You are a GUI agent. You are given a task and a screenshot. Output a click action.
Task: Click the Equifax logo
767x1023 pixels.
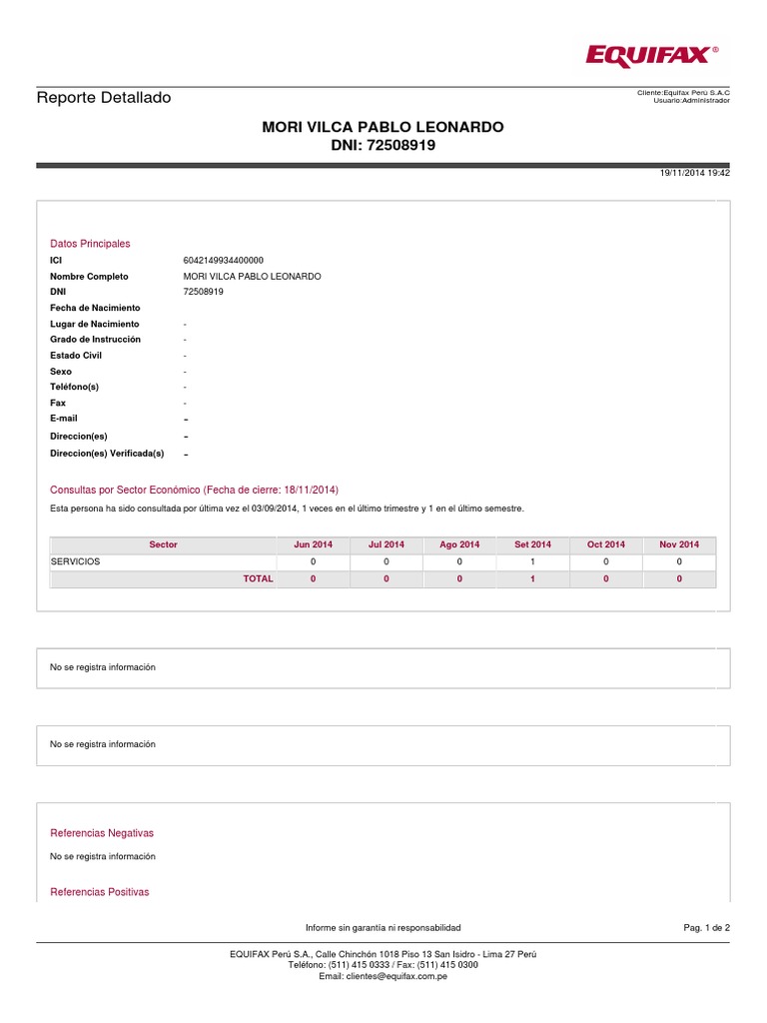coord(650,57)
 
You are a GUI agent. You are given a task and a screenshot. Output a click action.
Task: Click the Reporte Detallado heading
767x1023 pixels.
coord(104,98)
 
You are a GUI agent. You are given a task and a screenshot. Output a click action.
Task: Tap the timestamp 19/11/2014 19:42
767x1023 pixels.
coord(695,173)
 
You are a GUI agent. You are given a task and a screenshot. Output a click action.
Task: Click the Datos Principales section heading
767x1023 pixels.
coord(90,244)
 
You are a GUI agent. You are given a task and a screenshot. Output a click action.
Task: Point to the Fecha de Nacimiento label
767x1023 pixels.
coord(95,308)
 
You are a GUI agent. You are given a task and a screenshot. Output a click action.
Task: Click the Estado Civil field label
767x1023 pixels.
coord(76,356)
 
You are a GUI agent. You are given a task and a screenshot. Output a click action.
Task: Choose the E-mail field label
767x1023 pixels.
coord(64,419)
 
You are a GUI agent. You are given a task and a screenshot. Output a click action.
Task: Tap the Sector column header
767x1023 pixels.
coord(163,544)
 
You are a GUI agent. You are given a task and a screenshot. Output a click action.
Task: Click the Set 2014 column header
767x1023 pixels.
coord(532,544)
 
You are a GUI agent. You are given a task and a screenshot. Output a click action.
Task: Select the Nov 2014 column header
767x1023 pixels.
coord(679,544)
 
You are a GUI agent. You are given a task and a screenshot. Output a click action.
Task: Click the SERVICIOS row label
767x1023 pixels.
coord(76,561)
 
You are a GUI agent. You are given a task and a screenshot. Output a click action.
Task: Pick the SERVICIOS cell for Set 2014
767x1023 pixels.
coord(532,561)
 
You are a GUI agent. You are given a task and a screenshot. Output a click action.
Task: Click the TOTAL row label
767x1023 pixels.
coord(258,578)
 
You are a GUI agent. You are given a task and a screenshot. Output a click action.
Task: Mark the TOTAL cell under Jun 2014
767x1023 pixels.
coord(313,578)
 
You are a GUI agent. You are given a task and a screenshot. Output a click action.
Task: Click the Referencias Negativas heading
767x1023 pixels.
coord(102,833)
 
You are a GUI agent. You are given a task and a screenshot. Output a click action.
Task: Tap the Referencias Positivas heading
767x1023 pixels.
coord(100,892)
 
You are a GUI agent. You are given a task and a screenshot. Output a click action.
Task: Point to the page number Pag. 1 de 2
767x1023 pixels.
coord(706,928)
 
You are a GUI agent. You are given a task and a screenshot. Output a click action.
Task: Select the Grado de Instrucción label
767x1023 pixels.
coord(95,340)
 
